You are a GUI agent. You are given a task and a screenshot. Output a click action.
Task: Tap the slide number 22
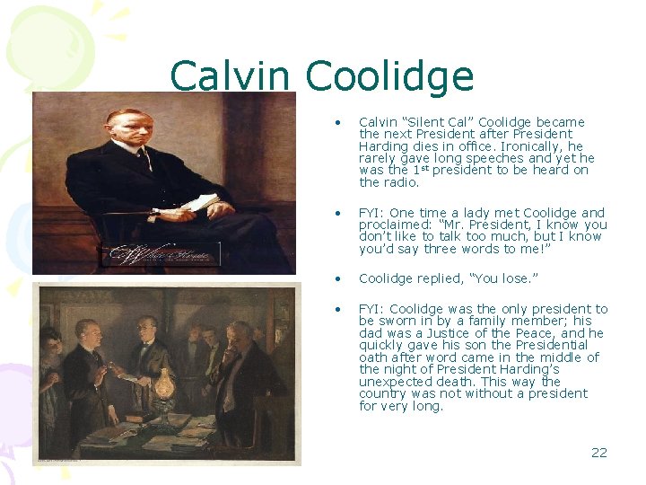point(598,452)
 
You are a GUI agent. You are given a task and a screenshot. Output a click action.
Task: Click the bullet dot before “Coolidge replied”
point(337,279)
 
